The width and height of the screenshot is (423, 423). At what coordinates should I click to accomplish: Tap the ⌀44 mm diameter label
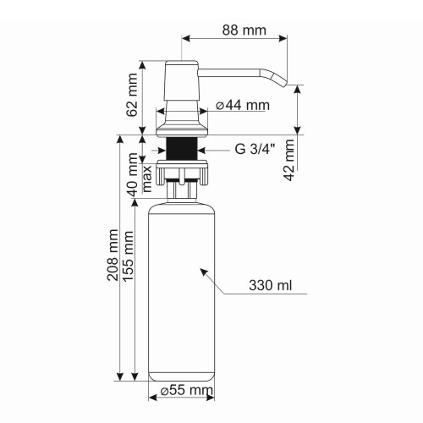point(242,106)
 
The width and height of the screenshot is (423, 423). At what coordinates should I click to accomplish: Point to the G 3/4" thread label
point(255,151)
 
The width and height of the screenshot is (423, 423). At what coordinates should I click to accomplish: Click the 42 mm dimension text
point(289,162)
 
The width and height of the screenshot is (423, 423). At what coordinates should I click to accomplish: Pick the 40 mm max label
point(139,173)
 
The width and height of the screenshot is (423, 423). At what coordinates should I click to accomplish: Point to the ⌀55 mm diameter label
point(186,390)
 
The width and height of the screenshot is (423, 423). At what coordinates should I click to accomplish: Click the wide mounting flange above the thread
point(183,130)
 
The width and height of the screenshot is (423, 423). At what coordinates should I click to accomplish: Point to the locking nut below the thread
point(183,173)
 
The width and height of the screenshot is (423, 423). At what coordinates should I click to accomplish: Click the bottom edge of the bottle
point(183,379)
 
